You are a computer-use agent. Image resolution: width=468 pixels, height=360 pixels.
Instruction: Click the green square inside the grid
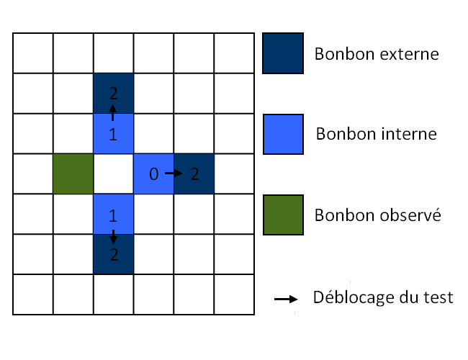(x=73, y=174)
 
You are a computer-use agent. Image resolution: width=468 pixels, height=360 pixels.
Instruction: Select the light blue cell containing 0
(x=153, y=174)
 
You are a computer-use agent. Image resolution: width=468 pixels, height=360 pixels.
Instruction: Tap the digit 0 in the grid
(x=153, y=174)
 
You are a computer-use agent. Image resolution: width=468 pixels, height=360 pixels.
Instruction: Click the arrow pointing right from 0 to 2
(x=174, y=173)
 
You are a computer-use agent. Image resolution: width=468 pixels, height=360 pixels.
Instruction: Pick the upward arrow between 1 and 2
(x=112, y=112)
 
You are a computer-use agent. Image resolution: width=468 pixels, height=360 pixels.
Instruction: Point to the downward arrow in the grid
(x=113, y=237)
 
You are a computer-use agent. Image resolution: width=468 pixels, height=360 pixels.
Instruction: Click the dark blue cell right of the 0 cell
(x=194, y=174)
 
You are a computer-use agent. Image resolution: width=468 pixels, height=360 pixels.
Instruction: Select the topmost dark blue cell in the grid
(x=114, y=93)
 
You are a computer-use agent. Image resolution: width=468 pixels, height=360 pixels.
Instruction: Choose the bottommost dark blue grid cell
(x=114, y=254)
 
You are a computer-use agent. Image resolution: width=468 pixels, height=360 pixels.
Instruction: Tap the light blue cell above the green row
(x=114, y=133)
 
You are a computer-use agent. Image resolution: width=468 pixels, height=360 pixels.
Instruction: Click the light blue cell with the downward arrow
(x=114, y=214)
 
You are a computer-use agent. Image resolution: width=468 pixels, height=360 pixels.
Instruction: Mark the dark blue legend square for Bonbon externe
(x=283, y=53)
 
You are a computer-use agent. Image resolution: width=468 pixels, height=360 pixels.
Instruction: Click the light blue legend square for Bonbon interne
(x=283, y=135)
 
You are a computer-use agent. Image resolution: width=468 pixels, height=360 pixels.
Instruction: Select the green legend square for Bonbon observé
(x=283, y=215)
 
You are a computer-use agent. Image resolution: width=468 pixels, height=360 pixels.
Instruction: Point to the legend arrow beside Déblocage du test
(x=286, y=299)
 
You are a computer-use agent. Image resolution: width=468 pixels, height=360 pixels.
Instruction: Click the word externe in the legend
(x=409, y=54)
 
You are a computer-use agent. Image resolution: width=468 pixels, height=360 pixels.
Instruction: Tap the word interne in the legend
(x=409, y=134)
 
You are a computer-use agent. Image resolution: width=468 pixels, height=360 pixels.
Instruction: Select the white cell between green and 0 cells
(x=114, y=174)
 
